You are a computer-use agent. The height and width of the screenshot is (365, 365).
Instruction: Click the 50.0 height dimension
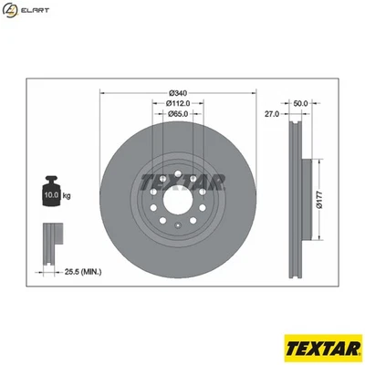300,103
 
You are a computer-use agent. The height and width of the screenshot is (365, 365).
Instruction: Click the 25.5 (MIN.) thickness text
83,271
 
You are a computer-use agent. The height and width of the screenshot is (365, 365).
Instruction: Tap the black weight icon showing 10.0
52,193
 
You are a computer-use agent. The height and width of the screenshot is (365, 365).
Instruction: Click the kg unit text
68,194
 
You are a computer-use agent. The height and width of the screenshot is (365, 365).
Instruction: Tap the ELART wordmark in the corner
35,10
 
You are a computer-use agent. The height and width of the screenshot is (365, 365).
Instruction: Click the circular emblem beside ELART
11,11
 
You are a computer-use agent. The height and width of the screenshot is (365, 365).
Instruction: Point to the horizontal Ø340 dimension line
179,94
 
